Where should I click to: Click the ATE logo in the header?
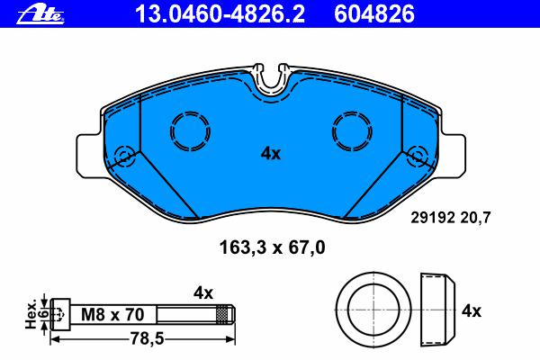click(x=40, y=15)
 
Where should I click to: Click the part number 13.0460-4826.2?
click(x=220, y=14)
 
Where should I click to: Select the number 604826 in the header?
click(x=374, y=14)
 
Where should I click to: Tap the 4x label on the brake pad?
click(x=271, y=154)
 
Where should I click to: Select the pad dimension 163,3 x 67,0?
click(x=272, y=247)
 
